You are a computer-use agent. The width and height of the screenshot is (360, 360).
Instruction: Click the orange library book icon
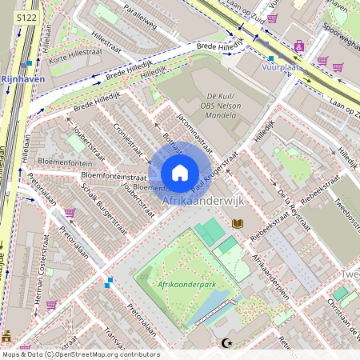[237, 225]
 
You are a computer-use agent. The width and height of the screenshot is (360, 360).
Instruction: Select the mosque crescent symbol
[226, 343]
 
